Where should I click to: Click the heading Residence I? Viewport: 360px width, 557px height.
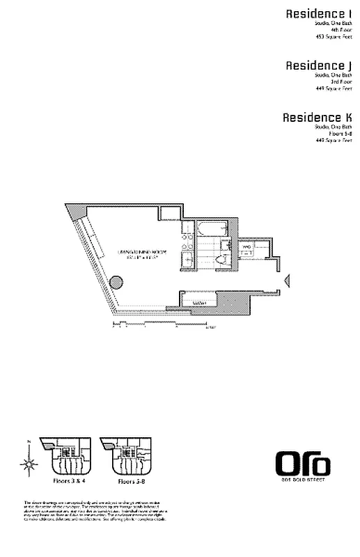(x=322, y=13)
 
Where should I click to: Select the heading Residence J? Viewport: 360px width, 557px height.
(x=321, y=65)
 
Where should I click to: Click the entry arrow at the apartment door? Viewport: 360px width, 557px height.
(x=287, y=281)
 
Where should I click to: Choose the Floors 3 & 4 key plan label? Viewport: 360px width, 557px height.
(x=66, y=481)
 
